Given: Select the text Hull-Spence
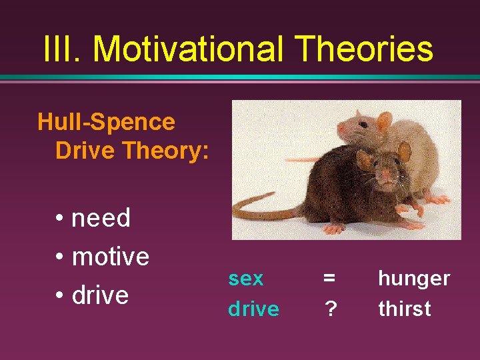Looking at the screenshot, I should coord(106,122).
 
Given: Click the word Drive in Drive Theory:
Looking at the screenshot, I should coord(83,150).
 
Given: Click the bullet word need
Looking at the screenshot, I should coord(101,218).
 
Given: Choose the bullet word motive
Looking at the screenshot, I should coord(110,256).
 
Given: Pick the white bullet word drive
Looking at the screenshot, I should coord(100,295).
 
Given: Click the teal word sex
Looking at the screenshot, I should coord(246,279).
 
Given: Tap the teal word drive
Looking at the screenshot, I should coord(253,309).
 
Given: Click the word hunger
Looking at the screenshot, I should coord(413,279).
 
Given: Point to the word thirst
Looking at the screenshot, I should coord(404,309).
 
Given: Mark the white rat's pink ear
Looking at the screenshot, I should coord(384,121).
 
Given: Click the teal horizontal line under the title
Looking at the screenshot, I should coord(240,77).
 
